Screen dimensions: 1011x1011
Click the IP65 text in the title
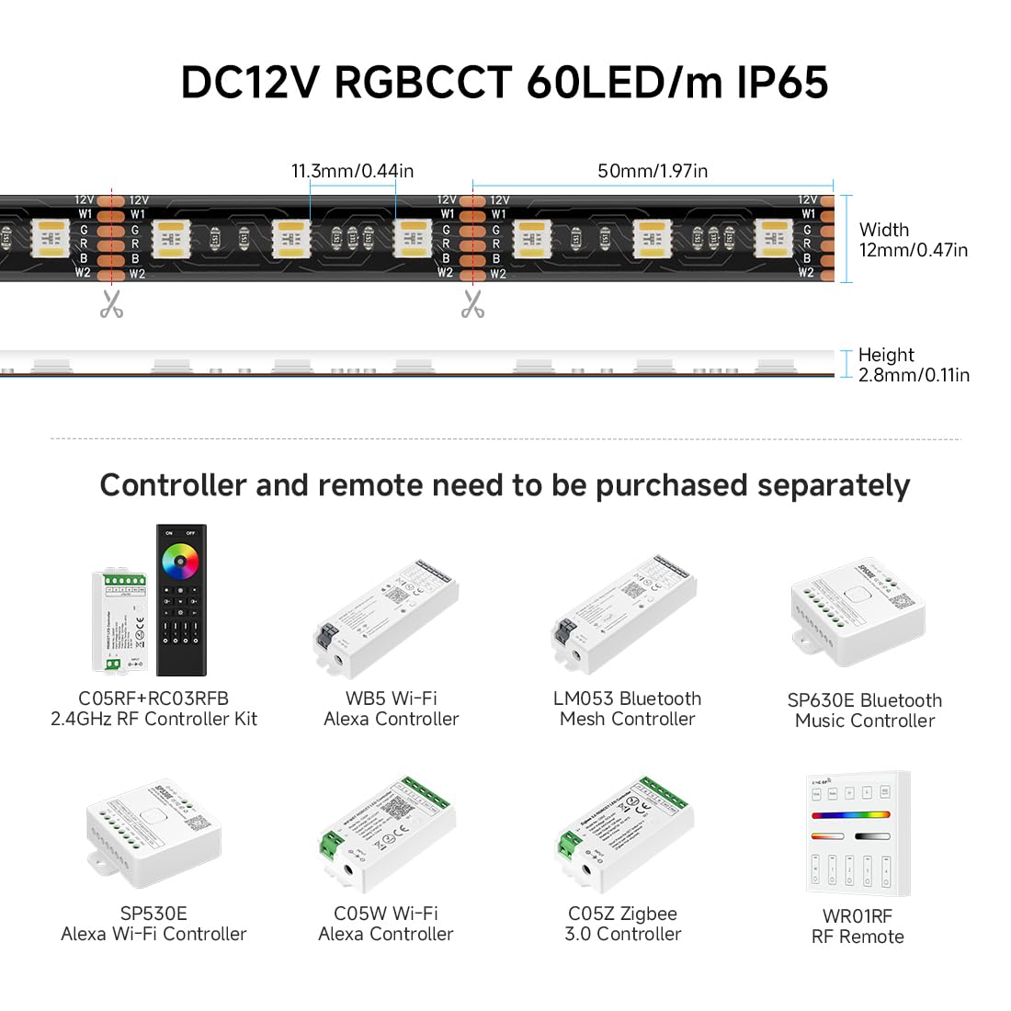782,82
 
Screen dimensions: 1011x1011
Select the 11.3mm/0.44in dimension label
352,171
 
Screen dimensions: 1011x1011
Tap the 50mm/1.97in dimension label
653,171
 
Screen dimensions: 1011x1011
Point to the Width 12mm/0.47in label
913,240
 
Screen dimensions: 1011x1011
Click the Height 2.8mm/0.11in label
913,365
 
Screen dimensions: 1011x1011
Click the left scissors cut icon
112,303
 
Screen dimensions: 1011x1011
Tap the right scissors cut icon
472,303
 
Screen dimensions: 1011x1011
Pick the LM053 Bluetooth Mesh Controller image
623,613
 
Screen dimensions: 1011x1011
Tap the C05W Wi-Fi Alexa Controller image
387,835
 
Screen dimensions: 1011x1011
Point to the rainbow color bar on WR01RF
850,814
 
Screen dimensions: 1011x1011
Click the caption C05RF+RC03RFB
153,699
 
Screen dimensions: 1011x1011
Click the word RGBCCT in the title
422,82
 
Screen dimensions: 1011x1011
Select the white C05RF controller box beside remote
120,621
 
